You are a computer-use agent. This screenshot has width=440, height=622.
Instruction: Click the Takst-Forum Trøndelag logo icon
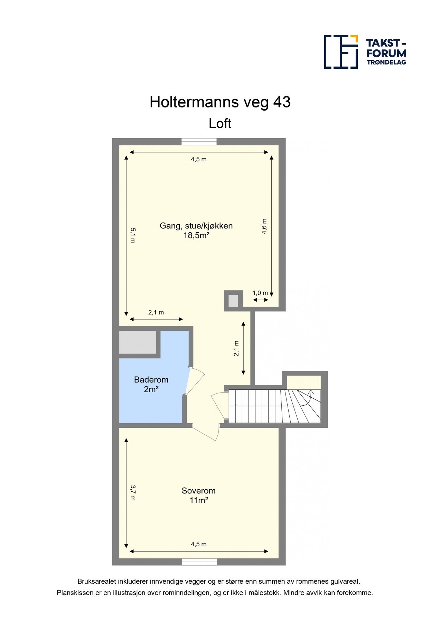pyautogui.click(x=340, y=52)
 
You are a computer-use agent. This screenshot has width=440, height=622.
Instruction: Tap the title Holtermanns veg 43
pyautogui.click(x=220, y=102)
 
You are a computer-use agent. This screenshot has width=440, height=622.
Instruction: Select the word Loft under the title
pyautogui.click(x=220, y=123)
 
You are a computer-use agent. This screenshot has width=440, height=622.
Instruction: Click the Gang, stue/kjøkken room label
pyautogui.click(x=196, y=226)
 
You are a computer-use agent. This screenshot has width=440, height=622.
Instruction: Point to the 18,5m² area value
pyautogui.click(x=196, y=236)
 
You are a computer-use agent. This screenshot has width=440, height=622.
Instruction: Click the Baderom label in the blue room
pyautogui.click(x=151, y=380)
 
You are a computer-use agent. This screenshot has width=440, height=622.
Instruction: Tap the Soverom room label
pyautogui.click(x=198, y=491)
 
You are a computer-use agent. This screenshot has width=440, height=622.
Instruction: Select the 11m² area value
pyautogui.click(x=198, y=500)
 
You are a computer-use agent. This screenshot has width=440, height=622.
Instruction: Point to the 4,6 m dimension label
pyautogui.click(x=264, y=227)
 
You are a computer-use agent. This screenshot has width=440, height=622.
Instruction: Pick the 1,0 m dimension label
pyautogui.click(x=260, y=293)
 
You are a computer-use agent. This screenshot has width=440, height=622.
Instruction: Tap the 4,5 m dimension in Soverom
pyautogui.click(x=199, y=544)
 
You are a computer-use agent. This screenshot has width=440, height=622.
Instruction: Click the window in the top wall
pyautogui.click(x=199, y=141)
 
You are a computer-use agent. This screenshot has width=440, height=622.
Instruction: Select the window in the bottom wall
pyautogui.click(x=199, y=562)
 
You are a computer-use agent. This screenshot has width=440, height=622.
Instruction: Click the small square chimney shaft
pyautogui.click(x=233, y=301)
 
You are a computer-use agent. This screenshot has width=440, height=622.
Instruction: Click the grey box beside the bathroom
pyautogui.click(x=137, y=342)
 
